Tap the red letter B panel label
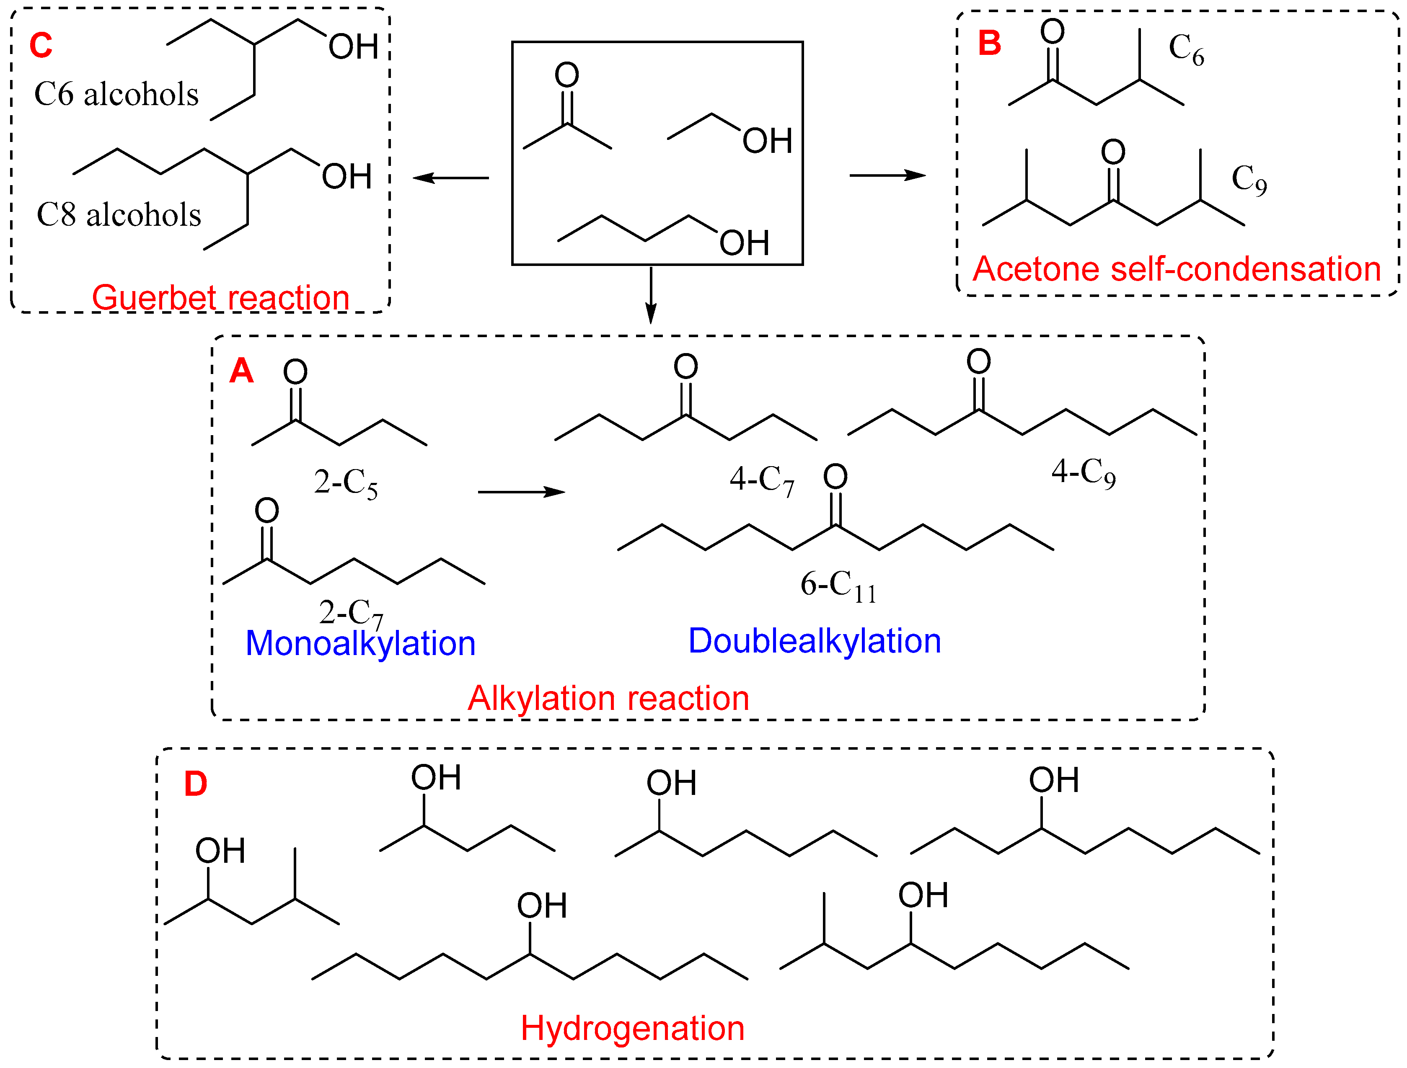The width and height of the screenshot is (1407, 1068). coord(989,43)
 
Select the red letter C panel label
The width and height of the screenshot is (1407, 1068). coord(41,46)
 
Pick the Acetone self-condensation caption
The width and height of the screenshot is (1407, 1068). coord(1176,269)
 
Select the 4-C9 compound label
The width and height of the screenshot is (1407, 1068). coord(1083,472)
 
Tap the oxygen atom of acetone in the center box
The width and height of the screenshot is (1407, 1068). coord(567,75)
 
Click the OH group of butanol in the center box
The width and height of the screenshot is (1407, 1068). coord(744,243)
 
